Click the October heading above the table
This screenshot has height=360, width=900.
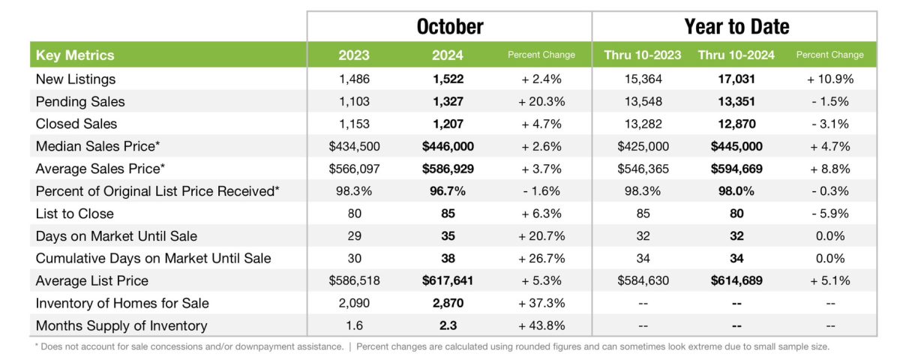click(449, 27)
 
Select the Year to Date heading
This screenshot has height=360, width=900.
click(736, 27)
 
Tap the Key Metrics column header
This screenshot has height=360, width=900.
click(75, 55)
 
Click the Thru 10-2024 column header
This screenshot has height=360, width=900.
click(736, 55)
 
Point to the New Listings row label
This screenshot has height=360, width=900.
click(76, 79)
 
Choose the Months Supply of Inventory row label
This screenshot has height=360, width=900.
click(121, 325)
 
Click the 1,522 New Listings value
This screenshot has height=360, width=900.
click(448, 79)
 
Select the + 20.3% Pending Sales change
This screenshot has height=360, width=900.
click(541, 101)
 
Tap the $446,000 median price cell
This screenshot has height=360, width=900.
click(448, 146)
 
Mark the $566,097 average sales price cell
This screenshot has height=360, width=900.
click(355, 169)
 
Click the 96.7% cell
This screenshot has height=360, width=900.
click(448, 191)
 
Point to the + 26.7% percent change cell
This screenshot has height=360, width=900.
click(541, 258)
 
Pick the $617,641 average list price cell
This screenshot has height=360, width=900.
click(448, 280)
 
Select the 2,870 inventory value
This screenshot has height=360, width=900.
click(448, 303)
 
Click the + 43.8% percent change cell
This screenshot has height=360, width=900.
click(541, 325)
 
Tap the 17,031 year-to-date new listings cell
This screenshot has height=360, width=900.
click(736, 79)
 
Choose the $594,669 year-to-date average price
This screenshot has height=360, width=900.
click(736, 169)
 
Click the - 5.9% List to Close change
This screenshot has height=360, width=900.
click(829, 214)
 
